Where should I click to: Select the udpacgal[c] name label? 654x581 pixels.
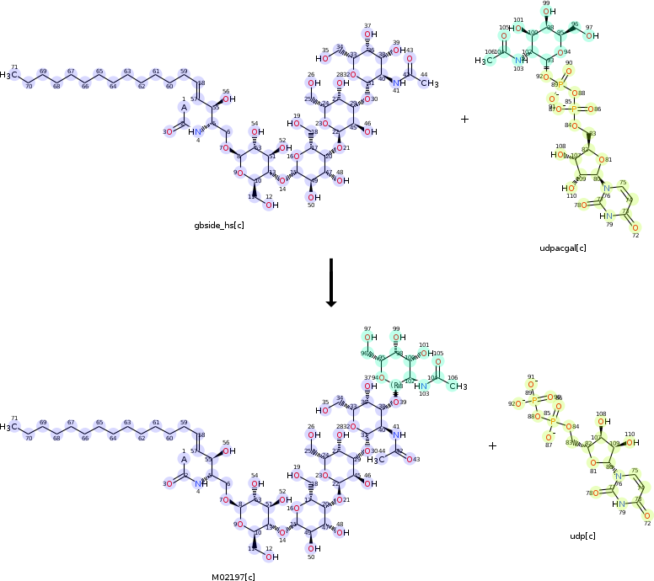coord(563,248)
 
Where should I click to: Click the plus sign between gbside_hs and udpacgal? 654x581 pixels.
coord(464,120)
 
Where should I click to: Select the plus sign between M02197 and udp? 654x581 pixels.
coord(493,445)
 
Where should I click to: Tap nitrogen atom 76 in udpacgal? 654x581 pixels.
coord(607,187)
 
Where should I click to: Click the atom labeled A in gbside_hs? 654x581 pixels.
coord(184,107)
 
